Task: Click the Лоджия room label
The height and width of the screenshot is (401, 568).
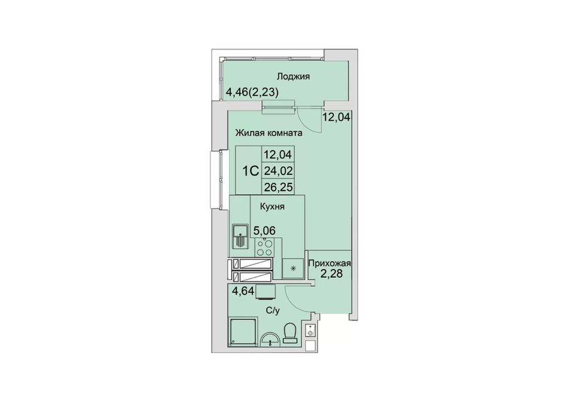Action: pyautogui.click(x=293, y=76)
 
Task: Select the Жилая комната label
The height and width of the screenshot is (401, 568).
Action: pyautogui.click(x=269, y=133)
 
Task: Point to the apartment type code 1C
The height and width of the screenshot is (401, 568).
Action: pyautogui.click(x=251, y=170)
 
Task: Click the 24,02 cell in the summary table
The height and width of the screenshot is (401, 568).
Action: pyautogui.click(x=278, y=170)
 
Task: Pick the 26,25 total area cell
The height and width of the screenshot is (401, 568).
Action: pyautogui.click(x=278, y=186)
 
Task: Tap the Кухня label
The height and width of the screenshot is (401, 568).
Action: pyautogui.click(x=272, y=207)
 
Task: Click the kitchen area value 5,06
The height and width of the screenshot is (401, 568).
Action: pyautogui.click(x=264, y=230)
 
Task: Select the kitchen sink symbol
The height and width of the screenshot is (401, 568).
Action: pyautogui.click(x=240, y=235)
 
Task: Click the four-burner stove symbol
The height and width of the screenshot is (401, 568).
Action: pyautogui.click(x=264, y=247)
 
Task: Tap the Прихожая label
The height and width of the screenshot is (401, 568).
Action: pyautogui.click(x=329, y=263)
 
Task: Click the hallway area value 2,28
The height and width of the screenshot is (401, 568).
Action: pyautogui.click(x=331, y=273)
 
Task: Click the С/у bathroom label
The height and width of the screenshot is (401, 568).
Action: pyautogui.click(x=273, y=310)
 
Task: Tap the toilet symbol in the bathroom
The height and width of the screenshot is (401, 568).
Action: pyautogui.click(x=290, y=333)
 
